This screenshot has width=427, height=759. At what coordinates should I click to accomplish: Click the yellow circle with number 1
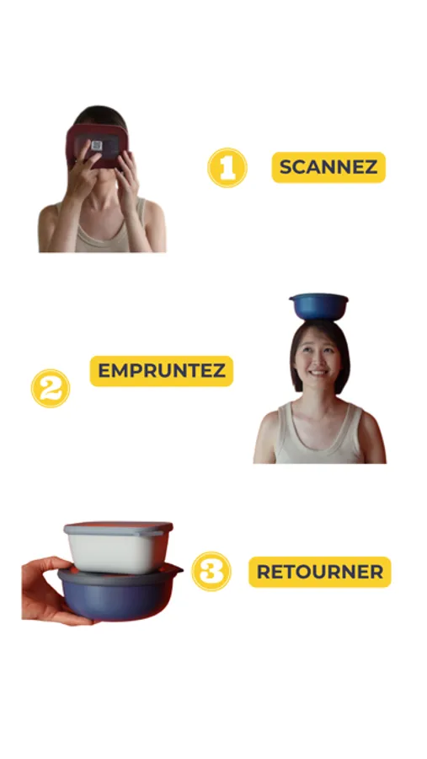click(227, 168)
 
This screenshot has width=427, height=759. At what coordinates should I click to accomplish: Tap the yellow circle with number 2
click(51, 388)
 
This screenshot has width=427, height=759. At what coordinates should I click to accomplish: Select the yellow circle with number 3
click(211, 571)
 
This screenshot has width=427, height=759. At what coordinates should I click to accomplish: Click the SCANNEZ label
click(328, 168)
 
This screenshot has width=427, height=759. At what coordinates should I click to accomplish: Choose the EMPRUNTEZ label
click(162, 371)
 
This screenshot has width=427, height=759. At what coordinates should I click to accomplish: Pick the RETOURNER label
click(320, 572)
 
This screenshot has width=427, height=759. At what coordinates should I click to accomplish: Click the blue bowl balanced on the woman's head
click(318, 306)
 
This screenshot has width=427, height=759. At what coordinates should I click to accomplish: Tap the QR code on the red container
click(97, 145)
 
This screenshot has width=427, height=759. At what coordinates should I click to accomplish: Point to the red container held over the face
click(97, 145)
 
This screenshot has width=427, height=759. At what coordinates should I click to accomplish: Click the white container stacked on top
click(119, 547)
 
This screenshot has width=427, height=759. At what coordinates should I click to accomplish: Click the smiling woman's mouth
click(318, 374)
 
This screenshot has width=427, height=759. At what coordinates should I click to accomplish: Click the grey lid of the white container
click(119, 528)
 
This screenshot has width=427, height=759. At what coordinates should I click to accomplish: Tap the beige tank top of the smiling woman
click(319, 436)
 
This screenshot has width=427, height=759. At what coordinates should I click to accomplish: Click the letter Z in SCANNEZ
click(371, 168)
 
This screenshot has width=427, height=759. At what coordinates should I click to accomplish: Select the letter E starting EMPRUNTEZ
click(104, 371)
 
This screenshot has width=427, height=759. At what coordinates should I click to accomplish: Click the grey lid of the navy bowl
click(120, 572)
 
